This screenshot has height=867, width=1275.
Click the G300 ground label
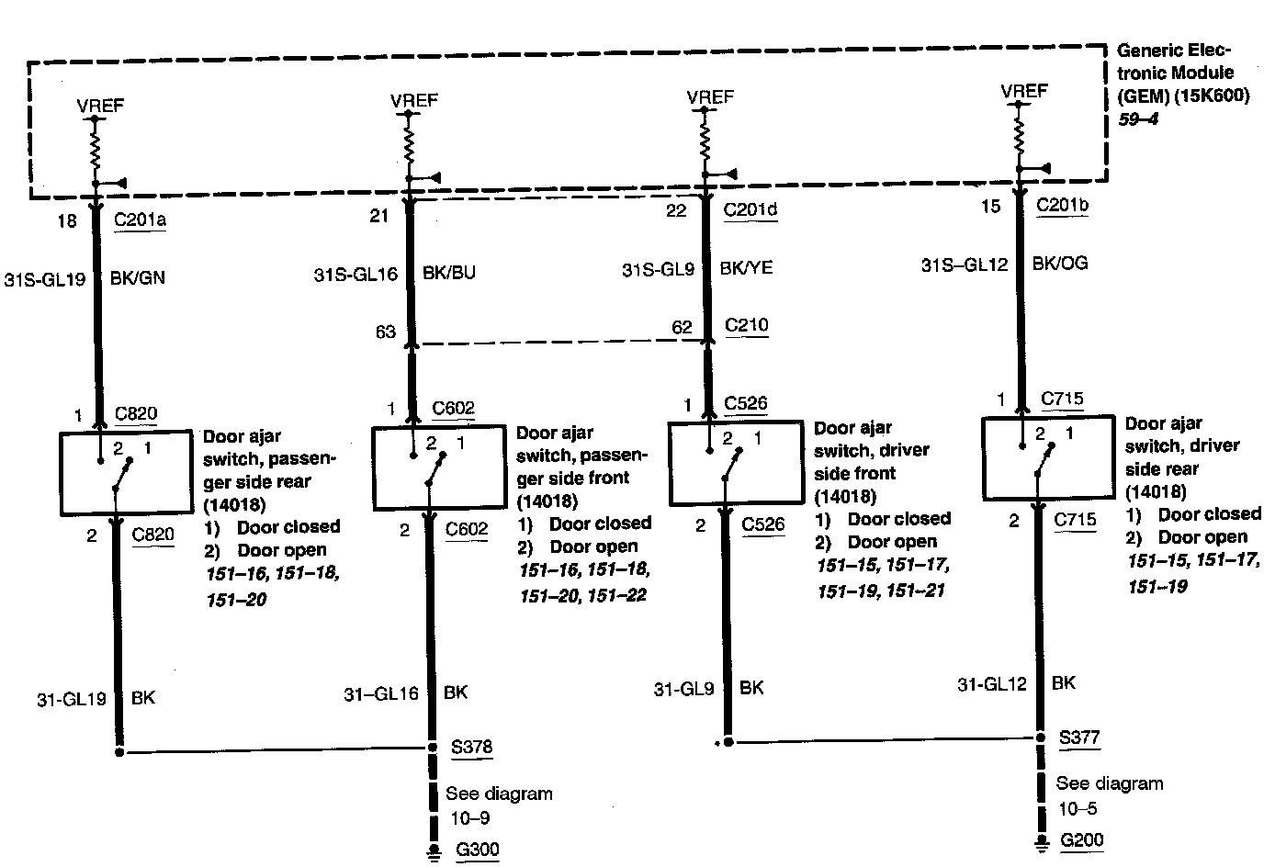[476, 849]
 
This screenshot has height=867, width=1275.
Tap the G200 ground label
[1081, 839]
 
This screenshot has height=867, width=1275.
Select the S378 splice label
[471, 746]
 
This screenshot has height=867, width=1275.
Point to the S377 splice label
[1078, 737]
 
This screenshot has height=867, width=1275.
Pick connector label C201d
[750, 209]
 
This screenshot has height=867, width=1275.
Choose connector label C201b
[1062, 205]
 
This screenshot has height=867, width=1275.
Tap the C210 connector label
[746, 325]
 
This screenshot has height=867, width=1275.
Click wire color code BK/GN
[138, 276]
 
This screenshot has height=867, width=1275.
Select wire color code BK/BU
[449, 273]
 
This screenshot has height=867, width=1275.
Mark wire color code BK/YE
[746, 268]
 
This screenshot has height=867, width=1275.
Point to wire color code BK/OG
[1060, 264]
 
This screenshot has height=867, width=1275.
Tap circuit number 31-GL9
[683, 688]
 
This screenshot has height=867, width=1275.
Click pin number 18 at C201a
[67, 220]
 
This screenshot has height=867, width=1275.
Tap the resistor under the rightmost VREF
[1018, 136]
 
